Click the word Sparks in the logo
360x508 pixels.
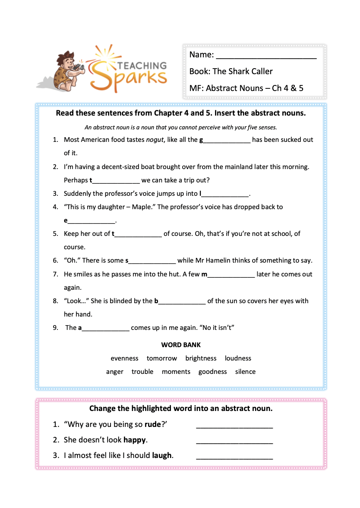click(x=129, y=78)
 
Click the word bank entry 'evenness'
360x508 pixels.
click(x=124, y=358)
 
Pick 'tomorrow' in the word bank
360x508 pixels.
click(x=162, y=358)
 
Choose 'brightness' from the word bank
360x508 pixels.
click(x=201, y=358)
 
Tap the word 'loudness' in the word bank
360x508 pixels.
click(x=238, y=358)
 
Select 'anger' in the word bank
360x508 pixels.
click(x=115, y=372)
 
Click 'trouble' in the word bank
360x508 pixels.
click(x=142, y=372)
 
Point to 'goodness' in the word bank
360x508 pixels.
click(x=212, y=372)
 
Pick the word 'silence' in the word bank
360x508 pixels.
click(x=245, y=372)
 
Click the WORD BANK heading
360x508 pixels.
click(x=181, y=345)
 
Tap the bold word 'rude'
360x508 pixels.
click(x=152, y=424)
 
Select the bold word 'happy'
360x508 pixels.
click(x=135, y=440)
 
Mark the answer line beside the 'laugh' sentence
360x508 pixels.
click(x=234, y=457)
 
